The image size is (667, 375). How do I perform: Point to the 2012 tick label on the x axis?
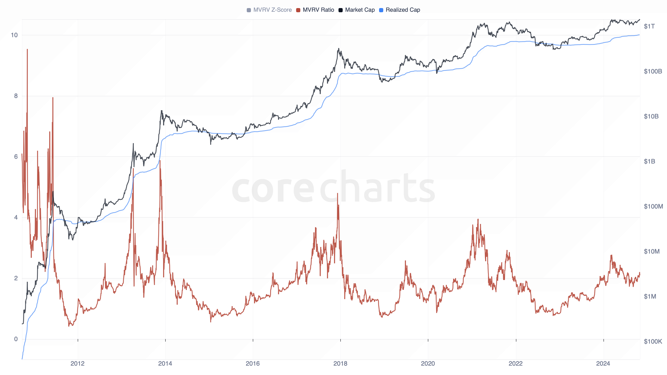(78, 364)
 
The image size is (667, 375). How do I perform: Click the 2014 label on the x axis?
(165, 364)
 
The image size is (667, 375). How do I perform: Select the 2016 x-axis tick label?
(253, 364)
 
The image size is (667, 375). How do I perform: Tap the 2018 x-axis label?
(340, 364)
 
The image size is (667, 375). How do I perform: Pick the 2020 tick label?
(428, 364)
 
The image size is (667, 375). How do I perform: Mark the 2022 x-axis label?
(516, 364)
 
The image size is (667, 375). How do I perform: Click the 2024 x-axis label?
(603, 364)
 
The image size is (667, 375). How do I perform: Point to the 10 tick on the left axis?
(14, 35)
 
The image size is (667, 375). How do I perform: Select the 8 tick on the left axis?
(16, 96)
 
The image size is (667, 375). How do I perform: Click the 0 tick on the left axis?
(16, 339)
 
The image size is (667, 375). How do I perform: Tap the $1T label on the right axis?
(649, 26)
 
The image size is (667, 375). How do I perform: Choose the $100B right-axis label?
(653, 71)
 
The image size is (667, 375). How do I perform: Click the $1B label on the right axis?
(649, 161)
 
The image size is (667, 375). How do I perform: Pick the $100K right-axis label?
(653, 342)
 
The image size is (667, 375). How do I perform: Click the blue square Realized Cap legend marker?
(381, 10)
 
